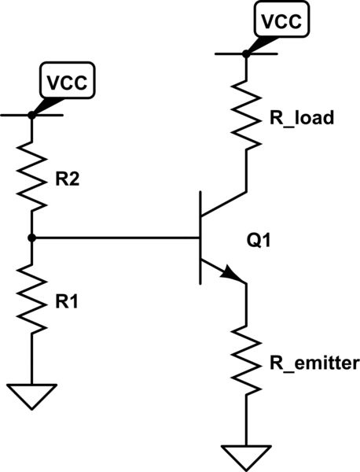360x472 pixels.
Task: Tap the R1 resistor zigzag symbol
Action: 32,299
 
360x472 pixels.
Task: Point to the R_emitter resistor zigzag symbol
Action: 246,362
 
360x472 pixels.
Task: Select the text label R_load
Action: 302,119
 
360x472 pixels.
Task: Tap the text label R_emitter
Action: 314,363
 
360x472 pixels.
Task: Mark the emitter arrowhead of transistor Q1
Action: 233,275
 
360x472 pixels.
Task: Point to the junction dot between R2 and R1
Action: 32,237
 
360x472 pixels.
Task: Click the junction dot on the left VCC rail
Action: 32,115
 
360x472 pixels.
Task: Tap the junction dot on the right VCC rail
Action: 246,53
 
